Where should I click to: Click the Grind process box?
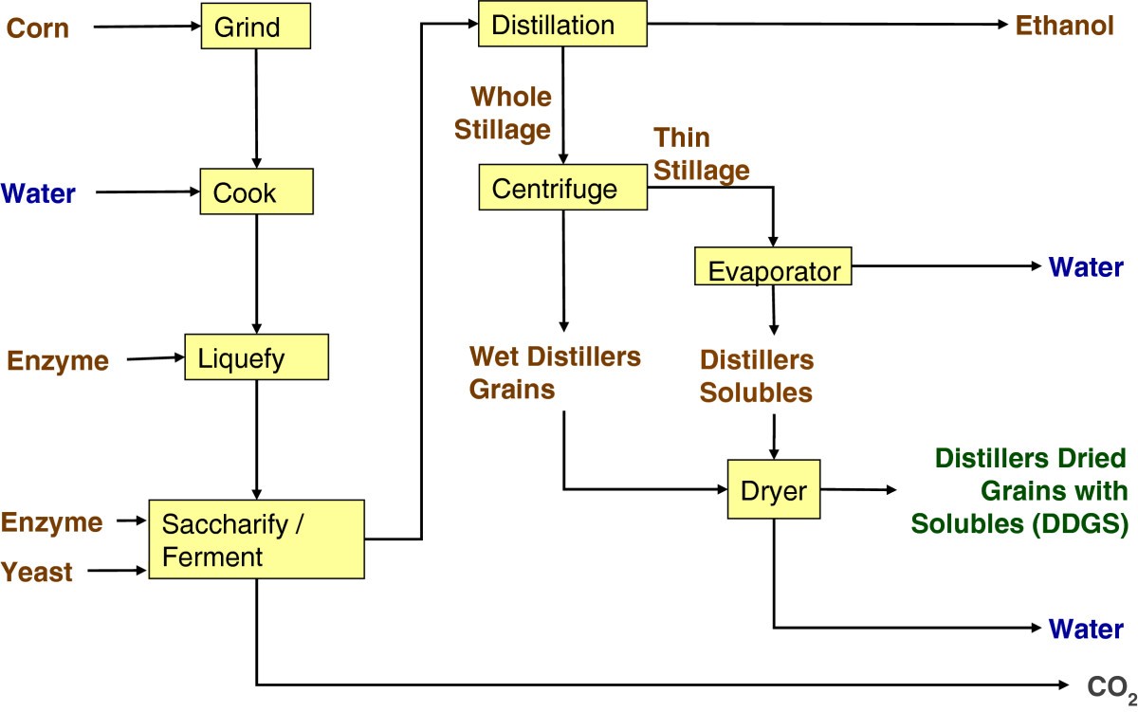(256, 27)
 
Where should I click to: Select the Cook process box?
(256, 192)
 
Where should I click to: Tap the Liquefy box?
(256, 358)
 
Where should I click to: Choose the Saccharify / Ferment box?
(256, 539)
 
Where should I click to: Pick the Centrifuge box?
(562, 188)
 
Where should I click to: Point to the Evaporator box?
(774, 269)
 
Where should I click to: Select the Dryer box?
(773, 489)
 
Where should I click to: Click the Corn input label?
(38, 27)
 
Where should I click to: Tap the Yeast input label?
(37, 572)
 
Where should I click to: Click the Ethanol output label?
(1065, 26)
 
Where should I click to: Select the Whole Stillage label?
(503, 112)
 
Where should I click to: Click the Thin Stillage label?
(701, 154)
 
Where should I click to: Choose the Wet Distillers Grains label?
(556, 373)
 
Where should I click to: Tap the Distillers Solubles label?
(756, 376)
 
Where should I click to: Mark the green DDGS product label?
(1019, 491)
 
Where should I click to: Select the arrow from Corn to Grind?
(147, 27)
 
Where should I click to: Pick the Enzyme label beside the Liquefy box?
(58, 360)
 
